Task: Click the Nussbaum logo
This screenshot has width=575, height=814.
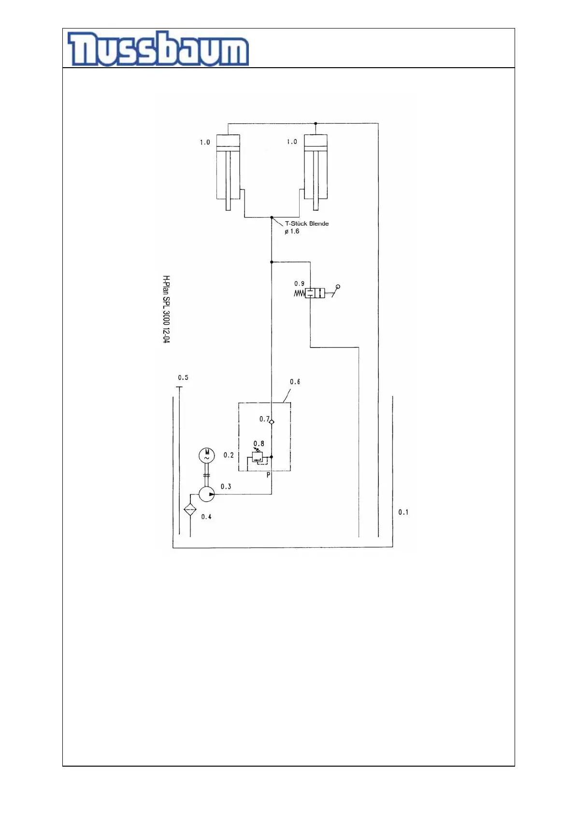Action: click(x=158, y=49)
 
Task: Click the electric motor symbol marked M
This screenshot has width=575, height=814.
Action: click(x=207, y=455)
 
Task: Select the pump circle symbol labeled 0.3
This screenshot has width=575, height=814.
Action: click(x=207, y=494)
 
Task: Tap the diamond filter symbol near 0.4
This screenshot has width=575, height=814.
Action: click(x=190, y=509)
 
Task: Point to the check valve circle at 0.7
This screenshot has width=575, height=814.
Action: click(x=272, y=422)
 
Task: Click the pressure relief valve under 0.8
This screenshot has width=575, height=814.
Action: click(x=258, y=456)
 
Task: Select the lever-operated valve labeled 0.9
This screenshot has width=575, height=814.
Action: click(x=315, y=292)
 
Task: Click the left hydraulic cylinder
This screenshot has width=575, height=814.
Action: click(x=228, y=167)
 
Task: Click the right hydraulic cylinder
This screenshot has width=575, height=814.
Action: click(x=316, y=167)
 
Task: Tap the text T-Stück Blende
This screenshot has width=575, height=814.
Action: click(x=307, y=223)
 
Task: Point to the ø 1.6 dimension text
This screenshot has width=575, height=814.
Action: click(x=292, y=232)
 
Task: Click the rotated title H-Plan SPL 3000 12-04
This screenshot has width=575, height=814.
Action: click(x=166, y=309)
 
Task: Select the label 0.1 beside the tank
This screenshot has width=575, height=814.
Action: click(x=403, y=512)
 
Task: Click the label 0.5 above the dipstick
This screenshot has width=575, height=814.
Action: click(x=183, y=378)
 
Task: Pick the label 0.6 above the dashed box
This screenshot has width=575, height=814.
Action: click(x=295, y=382)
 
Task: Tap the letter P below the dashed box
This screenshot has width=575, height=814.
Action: click(x=269, y=475)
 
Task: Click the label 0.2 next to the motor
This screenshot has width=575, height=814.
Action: click(x=229, y=455)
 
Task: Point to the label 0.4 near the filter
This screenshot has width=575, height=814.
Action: click(x=206, y=517)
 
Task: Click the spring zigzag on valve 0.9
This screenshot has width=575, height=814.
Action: click(x=300, y=293)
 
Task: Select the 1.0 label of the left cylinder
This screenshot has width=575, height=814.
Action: click(x=205, y=142)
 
